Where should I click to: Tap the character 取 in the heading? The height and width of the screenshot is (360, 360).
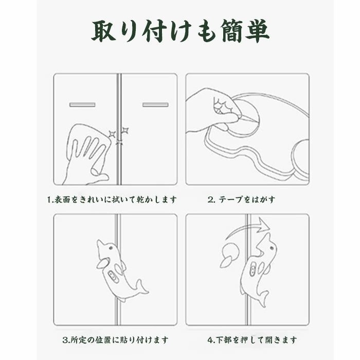[104, 31]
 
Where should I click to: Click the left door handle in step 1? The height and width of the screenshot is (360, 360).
[82, 105]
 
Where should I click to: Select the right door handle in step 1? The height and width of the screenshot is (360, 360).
[155, 105]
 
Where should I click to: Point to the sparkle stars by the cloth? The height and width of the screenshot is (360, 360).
[119, 135]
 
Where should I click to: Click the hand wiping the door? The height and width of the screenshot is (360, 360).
[86, 160]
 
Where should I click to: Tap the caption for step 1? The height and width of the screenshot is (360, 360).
[112, 200]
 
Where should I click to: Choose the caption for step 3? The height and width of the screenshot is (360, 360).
[116, 340]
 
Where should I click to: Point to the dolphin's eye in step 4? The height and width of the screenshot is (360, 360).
[272, 248]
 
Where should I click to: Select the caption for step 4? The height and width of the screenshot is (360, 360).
[252, 340]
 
